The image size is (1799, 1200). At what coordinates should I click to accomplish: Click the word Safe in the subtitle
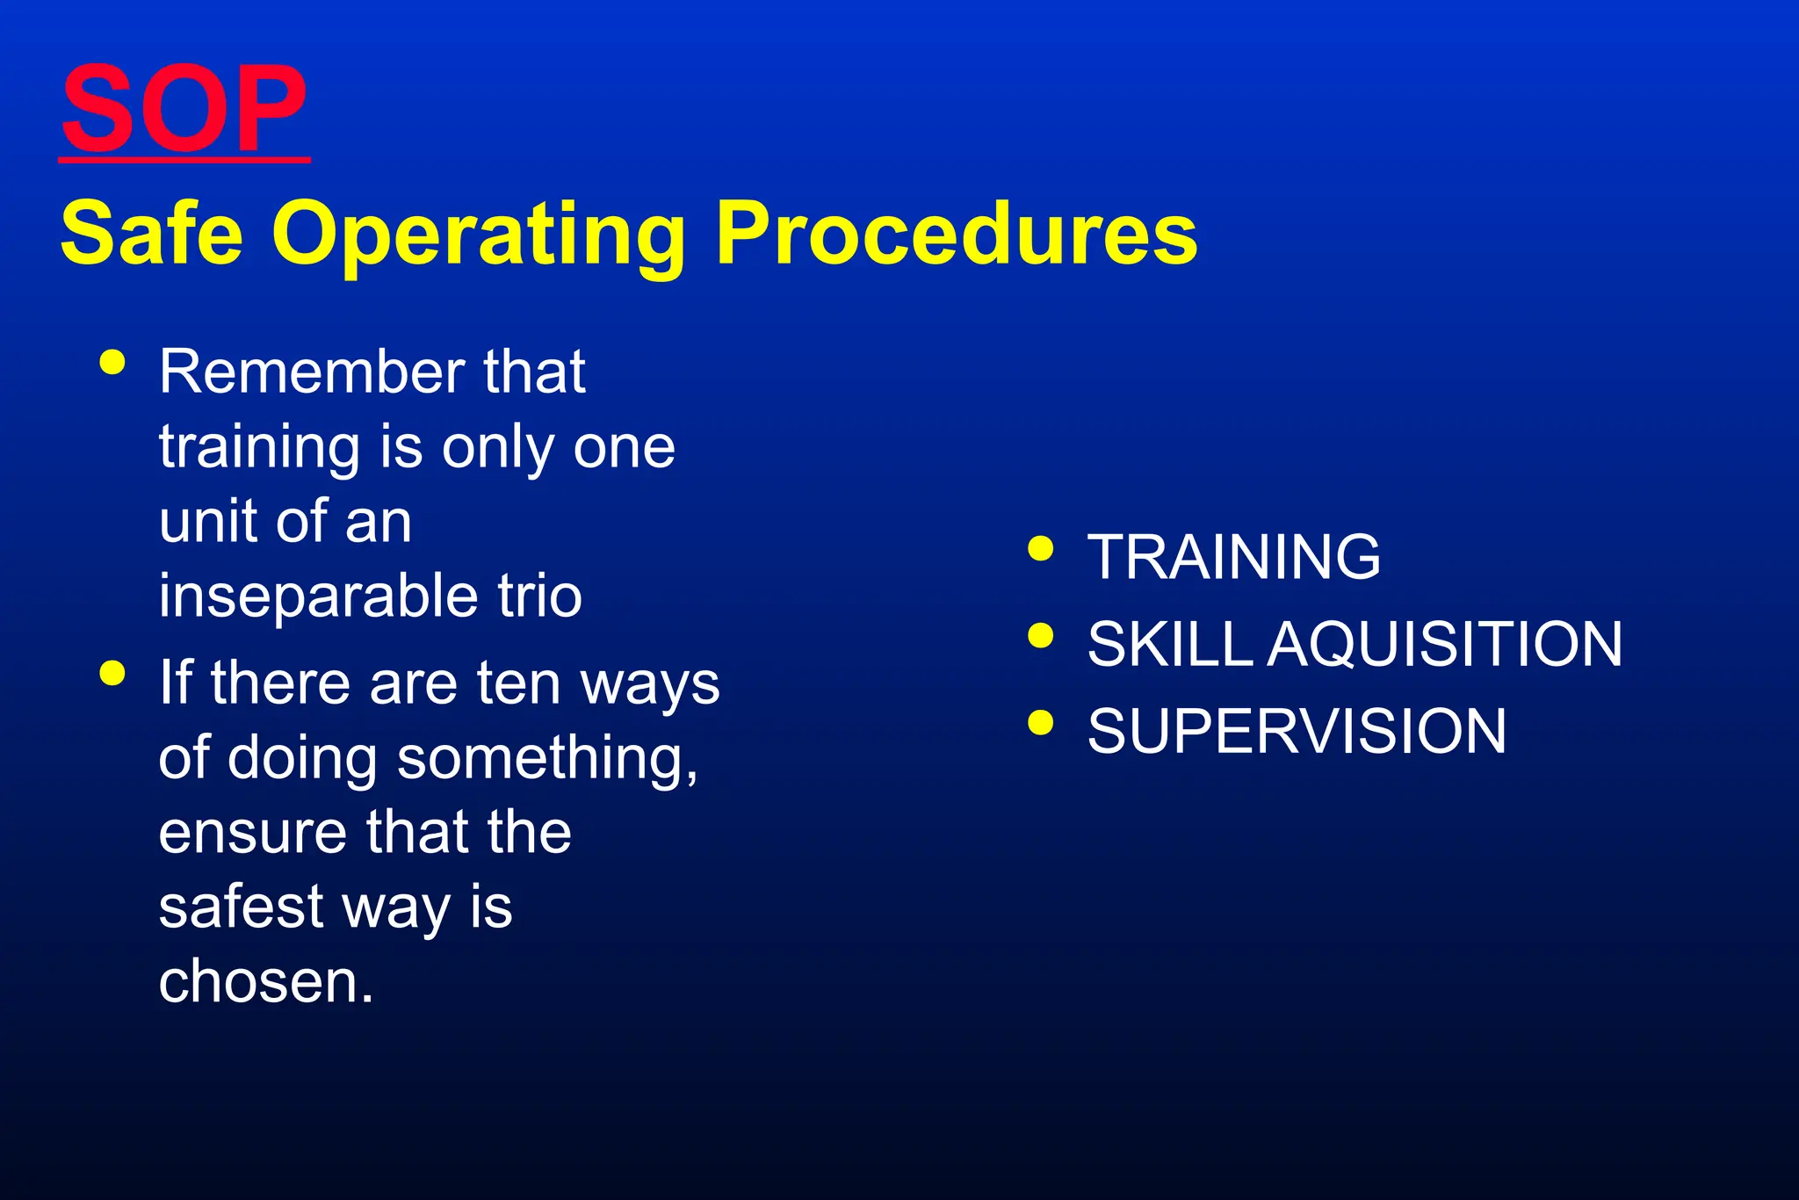tap(151, 233)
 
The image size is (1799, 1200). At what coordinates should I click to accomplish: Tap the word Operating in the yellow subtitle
tap(479, 233)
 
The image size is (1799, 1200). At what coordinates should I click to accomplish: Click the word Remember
tap(310, 372)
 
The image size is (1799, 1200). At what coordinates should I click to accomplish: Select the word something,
tap(547, 758)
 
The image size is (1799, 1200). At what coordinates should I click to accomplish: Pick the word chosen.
tap(265, 981)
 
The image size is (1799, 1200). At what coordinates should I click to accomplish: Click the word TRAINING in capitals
tap(1233, 557)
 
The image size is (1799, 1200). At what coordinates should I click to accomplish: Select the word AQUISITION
tap(1445, 644)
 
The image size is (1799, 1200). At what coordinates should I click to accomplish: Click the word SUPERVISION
tap(1297, 731)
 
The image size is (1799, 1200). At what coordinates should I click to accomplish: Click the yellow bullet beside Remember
tap(112, 362)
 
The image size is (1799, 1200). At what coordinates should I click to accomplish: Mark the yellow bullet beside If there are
tap(112, 673)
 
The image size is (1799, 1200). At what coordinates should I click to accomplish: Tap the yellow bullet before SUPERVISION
tap(1040, 722)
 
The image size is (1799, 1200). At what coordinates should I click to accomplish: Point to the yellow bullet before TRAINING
tap(1040, 548)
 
